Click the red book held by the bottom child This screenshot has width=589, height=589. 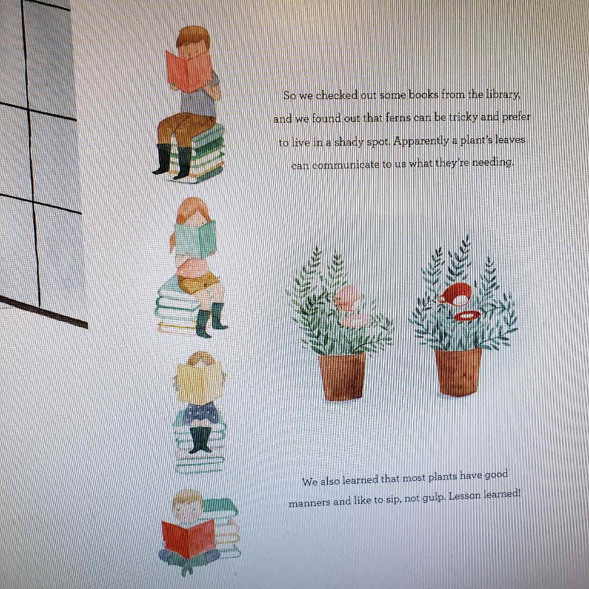click(x=188, y=538)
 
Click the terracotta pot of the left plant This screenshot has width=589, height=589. click(x=342, y=376)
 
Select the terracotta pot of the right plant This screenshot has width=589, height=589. click(x=458, y=371)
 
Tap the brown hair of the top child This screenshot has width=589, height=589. click(x=193, y=37)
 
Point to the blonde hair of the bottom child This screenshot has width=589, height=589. click(x=187, y=497)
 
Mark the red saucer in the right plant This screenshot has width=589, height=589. click(x=467, y=316)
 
